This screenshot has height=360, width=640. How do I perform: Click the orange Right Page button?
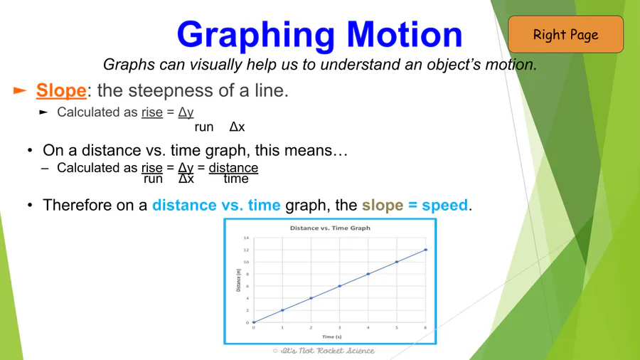pos(566,34)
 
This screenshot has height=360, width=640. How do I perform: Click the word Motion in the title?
pos(405,34)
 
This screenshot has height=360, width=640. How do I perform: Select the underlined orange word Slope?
pos(61,90)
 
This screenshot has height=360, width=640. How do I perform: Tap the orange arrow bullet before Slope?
pos(20,90)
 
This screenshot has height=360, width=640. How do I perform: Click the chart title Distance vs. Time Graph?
pos(330,228)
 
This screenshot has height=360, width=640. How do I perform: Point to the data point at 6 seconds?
pos(426,250)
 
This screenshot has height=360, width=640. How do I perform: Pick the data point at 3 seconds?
pos(340,286)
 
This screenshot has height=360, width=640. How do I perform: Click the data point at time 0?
pos(254,322)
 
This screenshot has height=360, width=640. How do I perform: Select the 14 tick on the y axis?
pos(246,238)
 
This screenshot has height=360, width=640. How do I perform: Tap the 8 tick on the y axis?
pos(247,275)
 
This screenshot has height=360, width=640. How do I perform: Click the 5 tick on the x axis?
pos(396,327)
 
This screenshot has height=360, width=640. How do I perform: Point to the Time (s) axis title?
pos(332,337)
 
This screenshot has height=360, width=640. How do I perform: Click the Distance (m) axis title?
pos(238,280)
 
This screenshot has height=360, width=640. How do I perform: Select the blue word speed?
pos(445,205)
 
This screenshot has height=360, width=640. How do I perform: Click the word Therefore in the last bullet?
pos(77,205)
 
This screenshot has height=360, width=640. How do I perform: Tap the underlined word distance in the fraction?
pos(233,168)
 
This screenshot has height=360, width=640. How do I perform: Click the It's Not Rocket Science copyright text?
pos(324,351)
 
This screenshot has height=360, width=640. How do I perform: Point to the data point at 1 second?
pos(282,310)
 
